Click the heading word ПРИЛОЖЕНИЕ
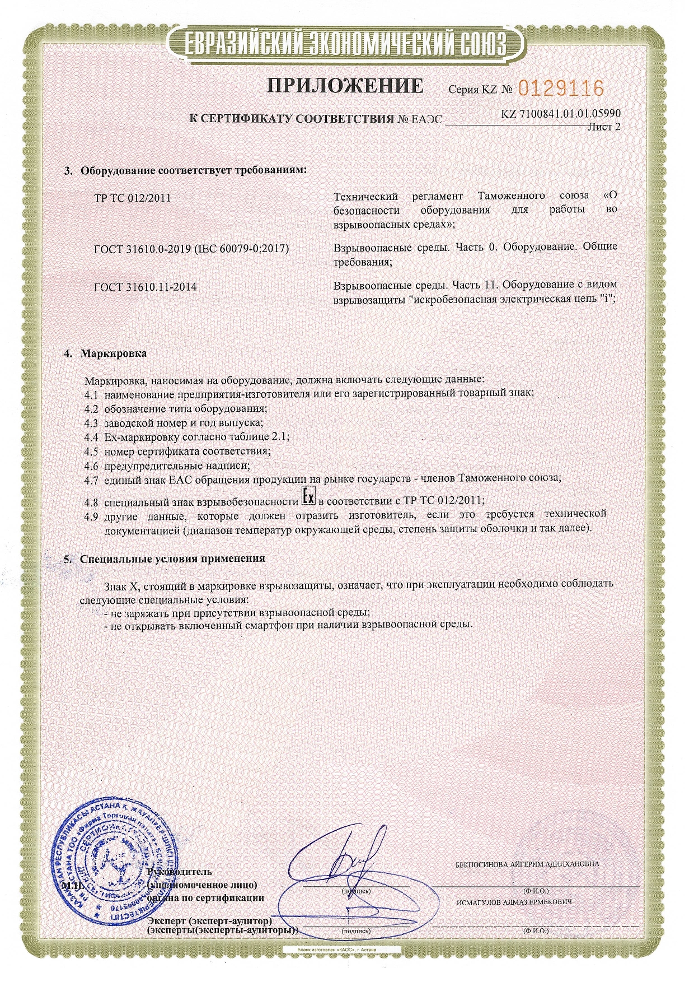344,85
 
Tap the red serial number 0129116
561,89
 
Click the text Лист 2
603,127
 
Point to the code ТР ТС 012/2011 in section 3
133,198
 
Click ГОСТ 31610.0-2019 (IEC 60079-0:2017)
191,248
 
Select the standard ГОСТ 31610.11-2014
146,287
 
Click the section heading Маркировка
114,353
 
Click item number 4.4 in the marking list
91,436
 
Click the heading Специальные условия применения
172,559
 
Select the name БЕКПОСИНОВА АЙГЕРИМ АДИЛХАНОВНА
527,863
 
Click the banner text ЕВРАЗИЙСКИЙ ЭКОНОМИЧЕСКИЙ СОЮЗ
346,43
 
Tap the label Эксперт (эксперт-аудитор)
209,921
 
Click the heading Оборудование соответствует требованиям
194,170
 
